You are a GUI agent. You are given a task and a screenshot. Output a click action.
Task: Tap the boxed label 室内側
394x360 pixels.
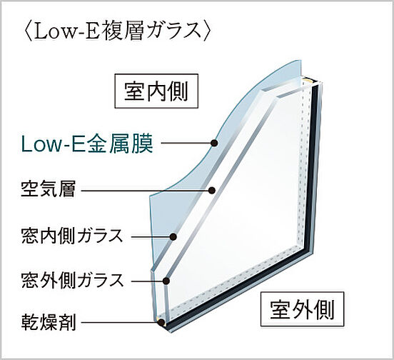pyautogui.click(x=156, y=91)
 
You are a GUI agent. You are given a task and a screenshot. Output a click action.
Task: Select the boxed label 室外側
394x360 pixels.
pyautogui.click(x=302, y=309)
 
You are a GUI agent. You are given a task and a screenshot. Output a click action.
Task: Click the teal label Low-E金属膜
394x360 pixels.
pyautogui.click(x=87, y=144)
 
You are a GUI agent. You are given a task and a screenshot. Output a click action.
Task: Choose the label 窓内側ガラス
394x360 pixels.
pyautogui.click(x=72, y=236)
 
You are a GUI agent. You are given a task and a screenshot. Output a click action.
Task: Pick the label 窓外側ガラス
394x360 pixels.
pyautogui.click(x=72, y=279)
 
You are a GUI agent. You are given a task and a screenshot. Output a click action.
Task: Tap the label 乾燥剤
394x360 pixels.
pyautogui.click(x=49, y=322)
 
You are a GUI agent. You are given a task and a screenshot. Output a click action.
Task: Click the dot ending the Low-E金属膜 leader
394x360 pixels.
pyautogui.click(x=214, y=143)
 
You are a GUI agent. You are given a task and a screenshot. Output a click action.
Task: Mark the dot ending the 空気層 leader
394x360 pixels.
pyautogui.click(x=212, y=190)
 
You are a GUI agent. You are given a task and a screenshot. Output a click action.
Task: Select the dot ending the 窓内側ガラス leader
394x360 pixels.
pyautogui.click(x=173, y=236)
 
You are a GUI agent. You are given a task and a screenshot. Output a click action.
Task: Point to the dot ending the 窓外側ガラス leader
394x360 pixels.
pyautogui.click(x=166, y=281)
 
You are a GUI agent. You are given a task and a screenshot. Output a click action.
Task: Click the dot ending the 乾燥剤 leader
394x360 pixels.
pyautogui.click(x=161, y=322)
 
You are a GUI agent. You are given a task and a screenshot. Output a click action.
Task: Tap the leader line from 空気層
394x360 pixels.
pyautogui.click(x=145, y=190)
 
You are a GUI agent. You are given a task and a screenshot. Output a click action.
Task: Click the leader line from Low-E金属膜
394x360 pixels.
pyautogui.click(x=186, y=143)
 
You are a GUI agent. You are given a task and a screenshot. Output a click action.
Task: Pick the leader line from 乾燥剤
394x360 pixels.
pyautogui.click(x=120, y=322)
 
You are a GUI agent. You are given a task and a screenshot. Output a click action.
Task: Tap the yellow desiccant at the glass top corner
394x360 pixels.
pyautogui.click(x=308, y=80)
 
